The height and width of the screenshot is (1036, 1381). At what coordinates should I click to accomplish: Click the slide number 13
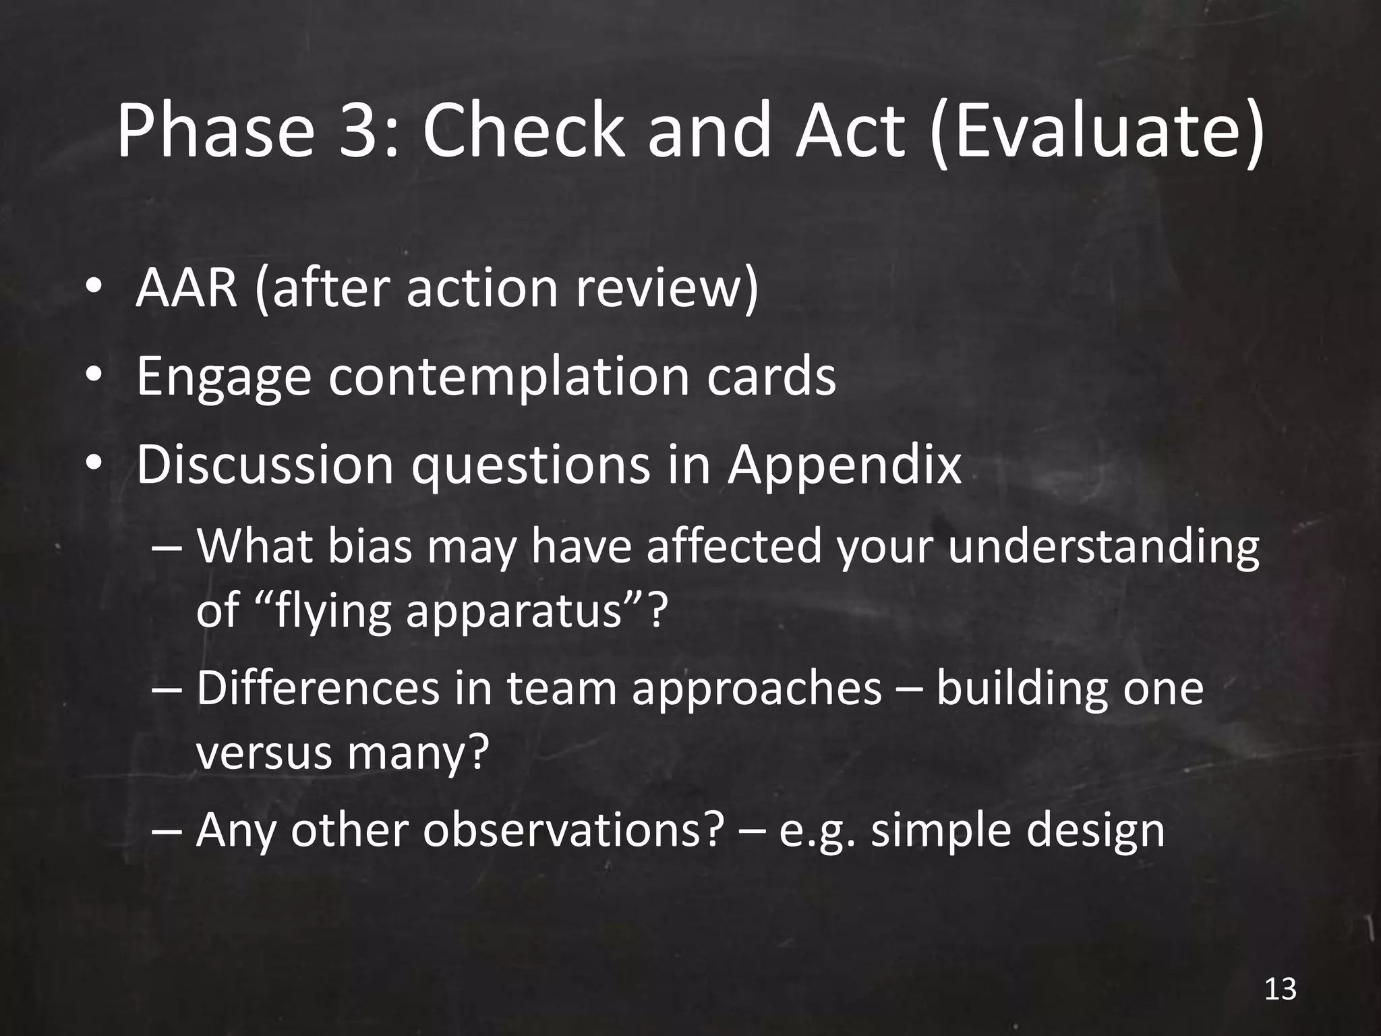1280,989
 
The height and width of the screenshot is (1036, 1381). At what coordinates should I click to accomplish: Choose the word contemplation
509,376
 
